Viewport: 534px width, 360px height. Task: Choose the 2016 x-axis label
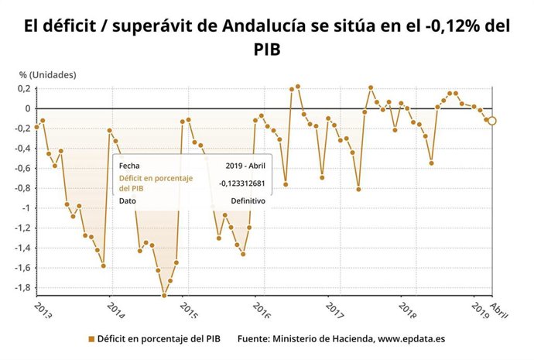click(x=260, y=308)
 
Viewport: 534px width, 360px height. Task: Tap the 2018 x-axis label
click(x=406, y=308)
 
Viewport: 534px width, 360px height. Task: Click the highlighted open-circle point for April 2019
click(x=492, y=121)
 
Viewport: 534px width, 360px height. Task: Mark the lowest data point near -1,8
click(x=164, y=295)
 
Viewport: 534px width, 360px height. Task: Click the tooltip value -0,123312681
click(x=242, y=183)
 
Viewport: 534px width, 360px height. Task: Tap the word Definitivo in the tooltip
click(x=248, y=201)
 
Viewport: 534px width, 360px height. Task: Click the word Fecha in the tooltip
click(x=129, y=165)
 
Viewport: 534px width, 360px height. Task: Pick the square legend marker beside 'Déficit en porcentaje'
click(x=91, y=338)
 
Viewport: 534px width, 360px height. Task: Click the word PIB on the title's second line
click(x=267, y=49)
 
